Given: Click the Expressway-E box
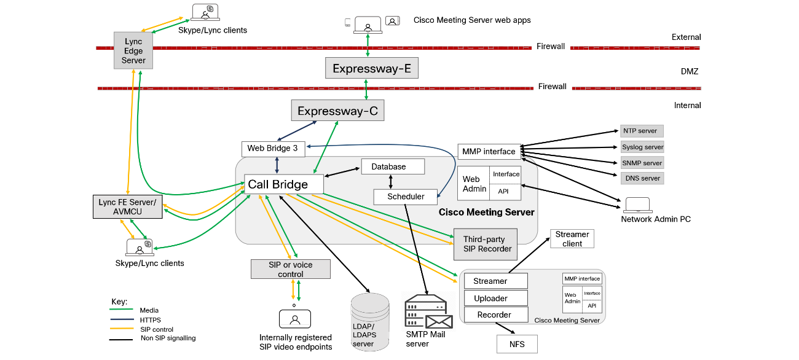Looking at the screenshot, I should [371, 68].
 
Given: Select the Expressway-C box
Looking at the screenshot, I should [337, 111].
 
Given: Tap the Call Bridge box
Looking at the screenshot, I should [285, 184].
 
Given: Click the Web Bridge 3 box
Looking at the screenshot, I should [272, 148].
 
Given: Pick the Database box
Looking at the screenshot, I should [392, 166].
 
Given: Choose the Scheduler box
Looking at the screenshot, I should [406, 197].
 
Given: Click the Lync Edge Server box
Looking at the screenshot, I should [133, 51].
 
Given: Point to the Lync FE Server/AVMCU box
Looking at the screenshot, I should [127, 206].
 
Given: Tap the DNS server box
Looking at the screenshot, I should [642, 178].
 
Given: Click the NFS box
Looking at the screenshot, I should [517, 344].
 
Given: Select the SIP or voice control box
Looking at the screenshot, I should [290, 269].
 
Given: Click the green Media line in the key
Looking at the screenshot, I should [122, 311].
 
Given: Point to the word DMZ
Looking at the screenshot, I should [690, 71].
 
